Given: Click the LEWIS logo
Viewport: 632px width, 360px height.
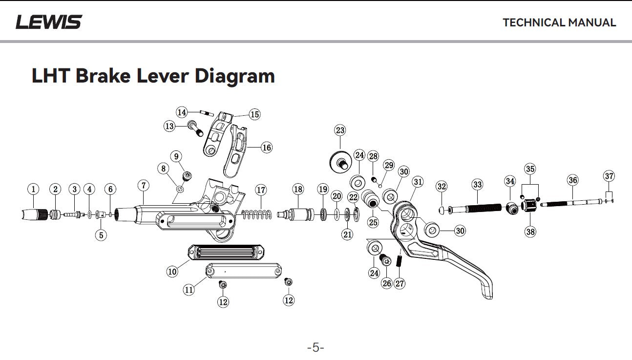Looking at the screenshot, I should point(49,22).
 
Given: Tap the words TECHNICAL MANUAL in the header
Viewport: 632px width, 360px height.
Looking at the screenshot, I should point(559,22).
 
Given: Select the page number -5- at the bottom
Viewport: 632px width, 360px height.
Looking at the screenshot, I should point(316,348).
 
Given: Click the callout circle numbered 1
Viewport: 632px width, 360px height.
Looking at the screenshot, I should point(33,189).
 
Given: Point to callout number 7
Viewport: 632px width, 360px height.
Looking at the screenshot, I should point(143,186).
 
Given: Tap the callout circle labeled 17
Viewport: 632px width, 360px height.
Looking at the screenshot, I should point(261,190).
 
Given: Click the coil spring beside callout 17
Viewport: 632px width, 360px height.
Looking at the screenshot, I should point(257,213).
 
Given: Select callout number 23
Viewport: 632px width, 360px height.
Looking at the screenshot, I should point(340,130).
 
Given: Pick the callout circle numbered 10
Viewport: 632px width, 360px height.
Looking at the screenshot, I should point(172,271).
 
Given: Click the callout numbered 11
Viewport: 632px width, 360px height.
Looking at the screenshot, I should point(189,290).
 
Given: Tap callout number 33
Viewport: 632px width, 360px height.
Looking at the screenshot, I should point(477,185).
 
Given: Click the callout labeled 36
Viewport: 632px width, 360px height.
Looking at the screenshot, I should point(572,180).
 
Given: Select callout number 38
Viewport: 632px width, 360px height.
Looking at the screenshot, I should point(530,232).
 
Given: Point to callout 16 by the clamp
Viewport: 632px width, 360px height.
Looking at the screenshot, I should point(266,147).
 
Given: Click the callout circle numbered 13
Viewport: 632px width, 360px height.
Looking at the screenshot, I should point(169,127).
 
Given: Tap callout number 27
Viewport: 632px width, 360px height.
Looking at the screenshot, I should point(400,283).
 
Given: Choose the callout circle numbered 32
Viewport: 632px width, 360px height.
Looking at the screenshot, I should point(442,186).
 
